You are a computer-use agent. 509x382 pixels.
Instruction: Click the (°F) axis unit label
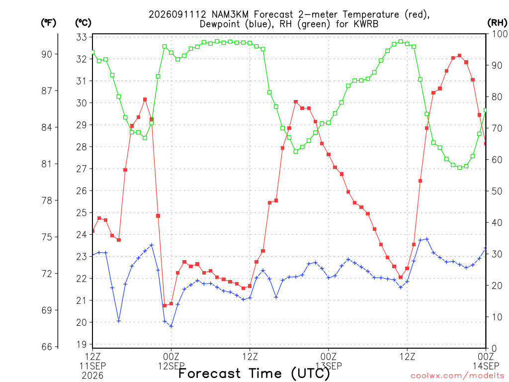click(x=48, y=23)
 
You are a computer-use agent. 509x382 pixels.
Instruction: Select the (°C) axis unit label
click(x=83, y=23)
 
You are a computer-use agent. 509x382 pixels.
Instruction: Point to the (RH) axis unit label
click(x=497, y=22)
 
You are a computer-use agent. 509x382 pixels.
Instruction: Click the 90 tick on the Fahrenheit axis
click(x=47, y=54)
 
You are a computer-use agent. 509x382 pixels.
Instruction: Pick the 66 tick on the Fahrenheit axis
click(x=47, y=347)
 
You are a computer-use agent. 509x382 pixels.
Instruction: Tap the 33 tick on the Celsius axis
click(x=82, y=37)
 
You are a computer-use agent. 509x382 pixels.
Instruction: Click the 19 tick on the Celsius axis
click(x=82, y=344)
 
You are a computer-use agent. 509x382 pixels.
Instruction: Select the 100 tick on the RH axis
click(x=500, y=34)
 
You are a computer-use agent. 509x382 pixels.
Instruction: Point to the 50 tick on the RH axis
click(x=497, y=191)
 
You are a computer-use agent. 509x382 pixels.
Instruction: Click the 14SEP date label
click(x=486, y=366)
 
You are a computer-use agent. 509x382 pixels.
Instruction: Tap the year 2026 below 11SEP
click(x=92, y=376)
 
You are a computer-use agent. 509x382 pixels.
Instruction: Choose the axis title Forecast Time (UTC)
click(x=254, y=374)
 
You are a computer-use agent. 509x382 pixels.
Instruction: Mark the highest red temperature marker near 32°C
click(x=459, y=56)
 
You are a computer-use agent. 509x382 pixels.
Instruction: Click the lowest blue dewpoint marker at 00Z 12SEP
click(x=171, y=326)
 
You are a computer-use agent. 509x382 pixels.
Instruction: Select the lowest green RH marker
click(x=459, y=168)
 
